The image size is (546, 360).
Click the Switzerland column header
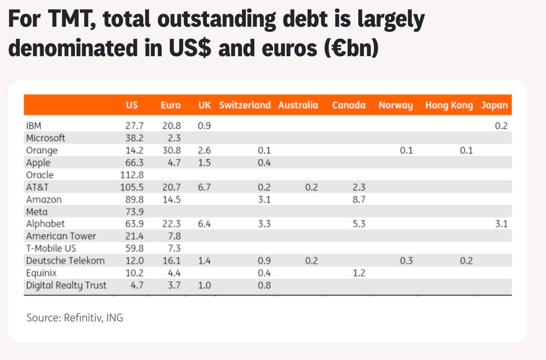(245, 105)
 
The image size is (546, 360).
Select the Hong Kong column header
(449, 105)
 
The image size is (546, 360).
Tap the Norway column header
(396, 105)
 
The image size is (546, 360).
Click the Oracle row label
(40, 175)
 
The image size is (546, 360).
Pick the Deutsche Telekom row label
(65, 261)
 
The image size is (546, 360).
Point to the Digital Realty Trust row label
(66, 285)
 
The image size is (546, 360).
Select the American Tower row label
(61, 236)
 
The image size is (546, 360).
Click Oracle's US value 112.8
(132, 175)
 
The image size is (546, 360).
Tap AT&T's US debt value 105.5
(132, 187)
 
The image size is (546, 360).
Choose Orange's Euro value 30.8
(172, 151)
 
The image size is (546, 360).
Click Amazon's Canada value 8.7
(359, 200)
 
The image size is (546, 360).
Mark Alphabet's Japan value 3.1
(501, 224)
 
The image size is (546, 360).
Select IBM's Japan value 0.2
(501, 126)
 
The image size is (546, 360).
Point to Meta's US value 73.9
(135, 212)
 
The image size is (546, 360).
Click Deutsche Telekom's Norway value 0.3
(406, 261)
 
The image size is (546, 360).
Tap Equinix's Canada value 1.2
(359, 273)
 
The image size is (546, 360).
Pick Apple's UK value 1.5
(204, 163)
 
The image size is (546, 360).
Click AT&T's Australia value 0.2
(312, 187)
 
